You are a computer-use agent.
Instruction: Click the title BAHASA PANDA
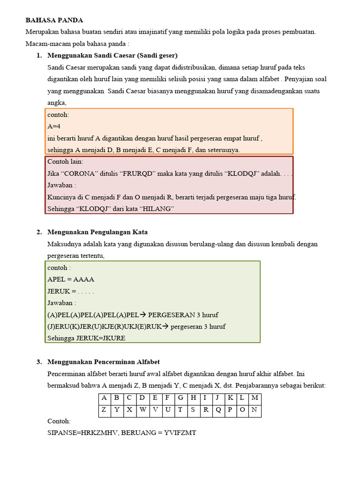(54, 20)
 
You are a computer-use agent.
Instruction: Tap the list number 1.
(39, 55)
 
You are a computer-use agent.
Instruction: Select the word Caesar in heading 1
(124, 55)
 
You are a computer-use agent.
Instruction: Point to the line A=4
(54, 127)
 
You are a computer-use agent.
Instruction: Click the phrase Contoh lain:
(65, 162)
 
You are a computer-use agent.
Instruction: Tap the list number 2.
(39, 232)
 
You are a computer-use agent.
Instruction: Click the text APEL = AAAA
(71, 279)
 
